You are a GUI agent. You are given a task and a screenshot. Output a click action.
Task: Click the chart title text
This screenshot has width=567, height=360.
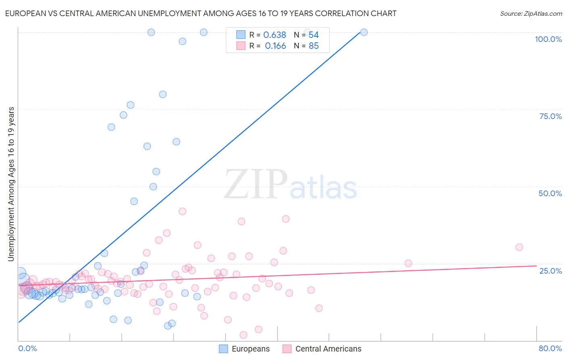200,13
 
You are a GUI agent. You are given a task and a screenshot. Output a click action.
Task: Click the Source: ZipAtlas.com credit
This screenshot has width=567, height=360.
531,13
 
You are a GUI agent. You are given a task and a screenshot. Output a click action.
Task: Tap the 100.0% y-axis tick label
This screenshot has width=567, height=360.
548,39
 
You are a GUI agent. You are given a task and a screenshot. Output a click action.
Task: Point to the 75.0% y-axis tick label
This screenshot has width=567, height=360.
550,116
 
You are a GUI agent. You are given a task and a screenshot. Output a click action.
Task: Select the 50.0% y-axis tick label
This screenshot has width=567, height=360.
550,193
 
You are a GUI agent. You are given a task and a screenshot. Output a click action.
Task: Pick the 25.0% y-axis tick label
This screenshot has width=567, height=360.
550,270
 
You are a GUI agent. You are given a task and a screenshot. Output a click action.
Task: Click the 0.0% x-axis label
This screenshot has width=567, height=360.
27,348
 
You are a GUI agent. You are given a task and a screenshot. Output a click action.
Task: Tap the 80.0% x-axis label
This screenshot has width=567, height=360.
550,348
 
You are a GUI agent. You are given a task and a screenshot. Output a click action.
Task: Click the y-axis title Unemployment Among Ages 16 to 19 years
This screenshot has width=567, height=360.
11,184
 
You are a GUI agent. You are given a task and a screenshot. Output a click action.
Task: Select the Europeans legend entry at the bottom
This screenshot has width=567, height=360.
244,349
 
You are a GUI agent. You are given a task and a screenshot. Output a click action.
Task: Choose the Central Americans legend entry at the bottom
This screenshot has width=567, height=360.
322,349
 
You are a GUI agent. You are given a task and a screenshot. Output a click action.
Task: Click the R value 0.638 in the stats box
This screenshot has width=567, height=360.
275,35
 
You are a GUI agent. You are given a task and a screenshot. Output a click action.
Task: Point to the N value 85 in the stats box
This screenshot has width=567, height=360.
314,46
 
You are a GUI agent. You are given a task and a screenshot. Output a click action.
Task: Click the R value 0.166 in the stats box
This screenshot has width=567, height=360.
275,46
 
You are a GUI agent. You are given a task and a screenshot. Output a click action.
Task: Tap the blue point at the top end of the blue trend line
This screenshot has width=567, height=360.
364,32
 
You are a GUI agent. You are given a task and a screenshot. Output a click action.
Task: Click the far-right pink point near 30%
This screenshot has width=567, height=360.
519,247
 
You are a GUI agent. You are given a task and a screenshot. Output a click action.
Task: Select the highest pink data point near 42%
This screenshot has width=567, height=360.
182,211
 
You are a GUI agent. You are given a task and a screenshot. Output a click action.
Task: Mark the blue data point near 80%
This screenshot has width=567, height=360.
163,94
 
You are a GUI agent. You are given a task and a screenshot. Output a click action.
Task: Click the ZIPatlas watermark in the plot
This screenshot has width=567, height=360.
290,184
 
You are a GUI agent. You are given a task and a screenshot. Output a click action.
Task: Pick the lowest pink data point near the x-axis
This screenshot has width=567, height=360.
243,335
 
